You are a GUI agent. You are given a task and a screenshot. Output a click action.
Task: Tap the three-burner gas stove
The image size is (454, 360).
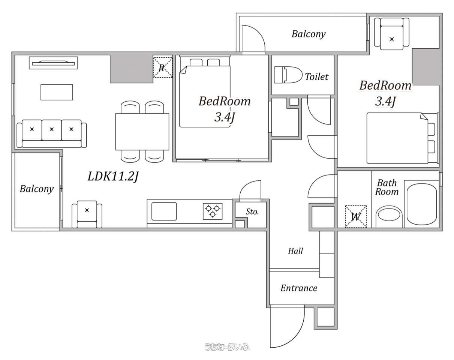coord(213,211)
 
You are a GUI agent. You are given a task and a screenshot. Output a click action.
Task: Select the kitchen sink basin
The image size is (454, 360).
coord(164,211)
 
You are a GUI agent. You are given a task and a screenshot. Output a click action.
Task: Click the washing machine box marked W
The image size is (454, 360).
coord(356,216)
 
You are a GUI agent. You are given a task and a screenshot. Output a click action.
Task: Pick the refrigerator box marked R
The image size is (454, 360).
coord(163,67)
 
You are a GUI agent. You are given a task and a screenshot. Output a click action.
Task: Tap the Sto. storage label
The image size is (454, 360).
coord(252,211)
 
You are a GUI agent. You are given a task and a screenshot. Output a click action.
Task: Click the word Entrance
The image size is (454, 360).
coord(299,288)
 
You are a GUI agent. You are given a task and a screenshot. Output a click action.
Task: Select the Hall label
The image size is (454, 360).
coord(295,251)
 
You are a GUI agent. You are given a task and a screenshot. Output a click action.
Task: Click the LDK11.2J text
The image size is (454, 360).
coord(113,176)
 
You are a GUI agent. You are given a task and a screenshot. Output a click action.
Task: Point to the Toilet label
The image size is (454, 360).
coord(317,76)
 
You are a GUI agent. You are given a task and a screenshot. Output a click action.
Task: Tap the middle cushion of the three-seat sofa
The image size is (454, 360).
coord(52,130)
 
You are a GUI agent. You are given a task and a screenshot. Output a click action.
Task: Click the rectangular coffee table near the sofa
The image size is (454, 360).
coord(57,92)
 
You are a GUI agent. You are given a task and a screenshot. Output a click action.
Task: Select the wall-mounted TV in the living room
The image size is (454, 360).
coord(53,63)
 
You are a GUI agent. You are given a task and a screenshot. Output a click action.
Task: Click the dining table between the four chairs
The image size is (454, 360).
coord(142,132)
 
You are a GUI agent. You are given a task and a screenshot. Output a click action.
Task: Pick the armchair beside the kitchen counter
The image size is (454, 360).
coord(87,214)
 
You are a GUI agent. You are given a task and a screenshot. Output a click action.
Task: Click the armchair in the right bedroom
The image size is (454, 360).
coord(391,34)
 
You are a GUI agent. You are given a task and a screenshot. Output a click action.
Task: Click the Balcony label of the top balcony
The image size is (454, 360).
coord(309,34)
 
